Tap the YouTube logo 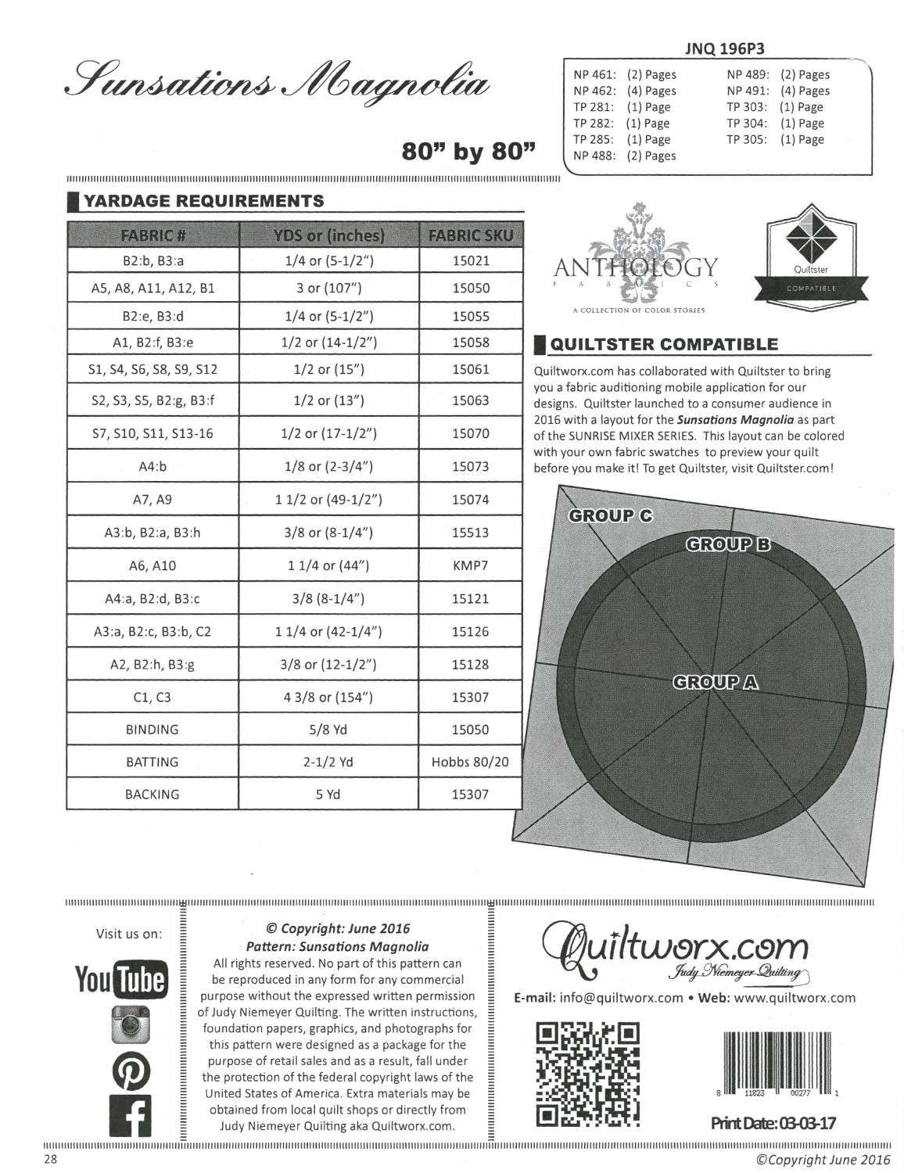(x=120, y=979)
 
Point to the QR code (x=588, y=1074)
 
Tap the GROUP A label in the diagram (x=715, y=682)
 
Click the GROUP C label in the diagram (x=610, y=515)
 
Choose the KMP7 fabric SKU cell (x=470, y=565)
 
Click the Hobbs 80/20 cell (x=470, y=762)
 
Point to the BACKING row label (x=152, y=794)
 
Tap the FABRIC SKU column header (x=470, y=235)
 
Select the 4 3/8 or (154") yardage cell (x=328, y=697)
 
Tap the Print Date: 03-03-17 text (x=773, y=1123)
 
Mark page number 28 (x=50, y=1158)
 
